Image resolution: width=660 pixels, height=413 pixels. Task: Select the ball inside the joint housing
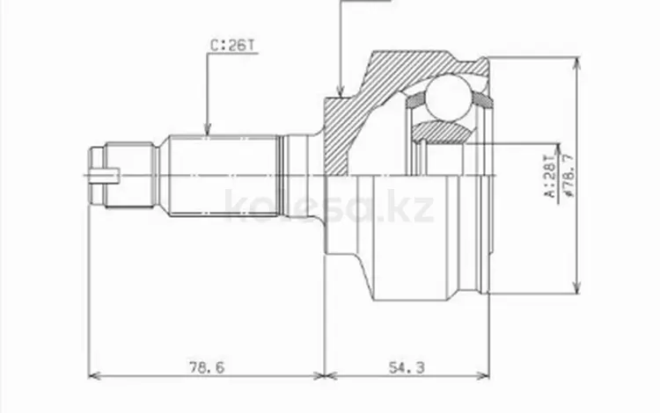[x=450, y=98]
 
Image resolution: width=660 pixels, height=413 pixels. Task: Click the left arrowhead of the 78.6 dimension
[x=94, y=376]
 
